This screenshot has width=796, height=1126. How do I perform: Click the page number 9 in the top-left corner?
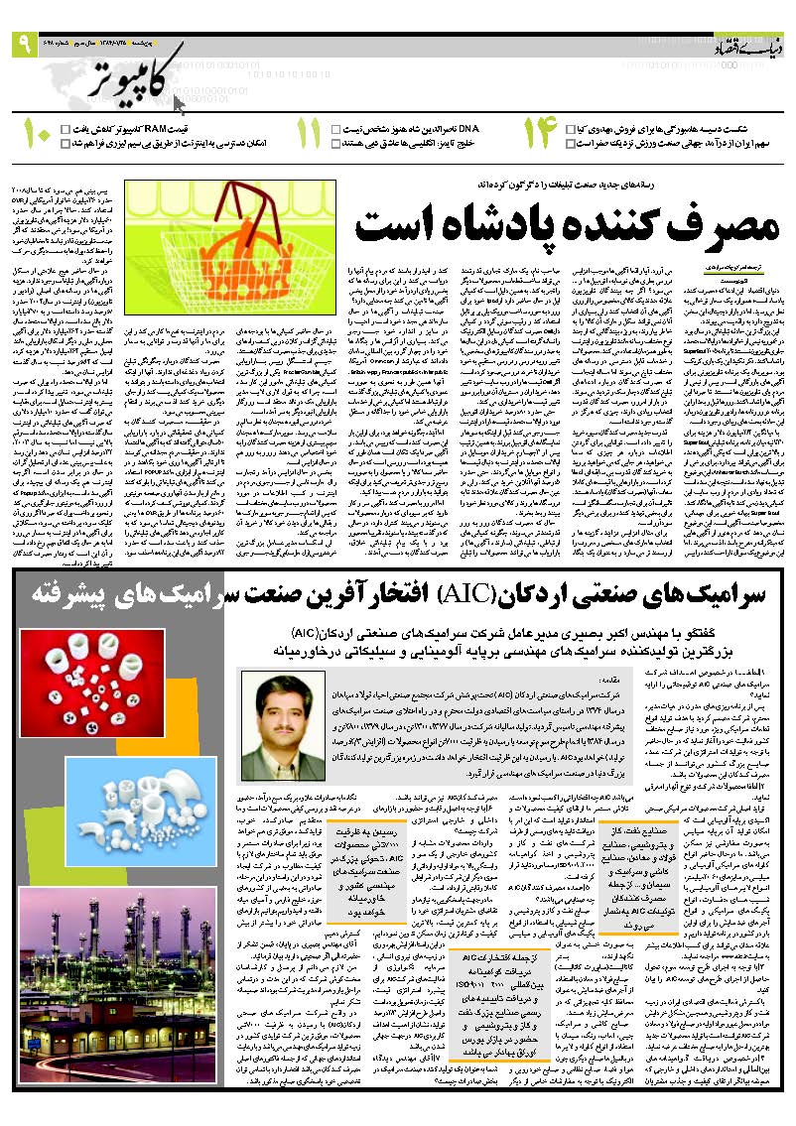click(x=22, y=45)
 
